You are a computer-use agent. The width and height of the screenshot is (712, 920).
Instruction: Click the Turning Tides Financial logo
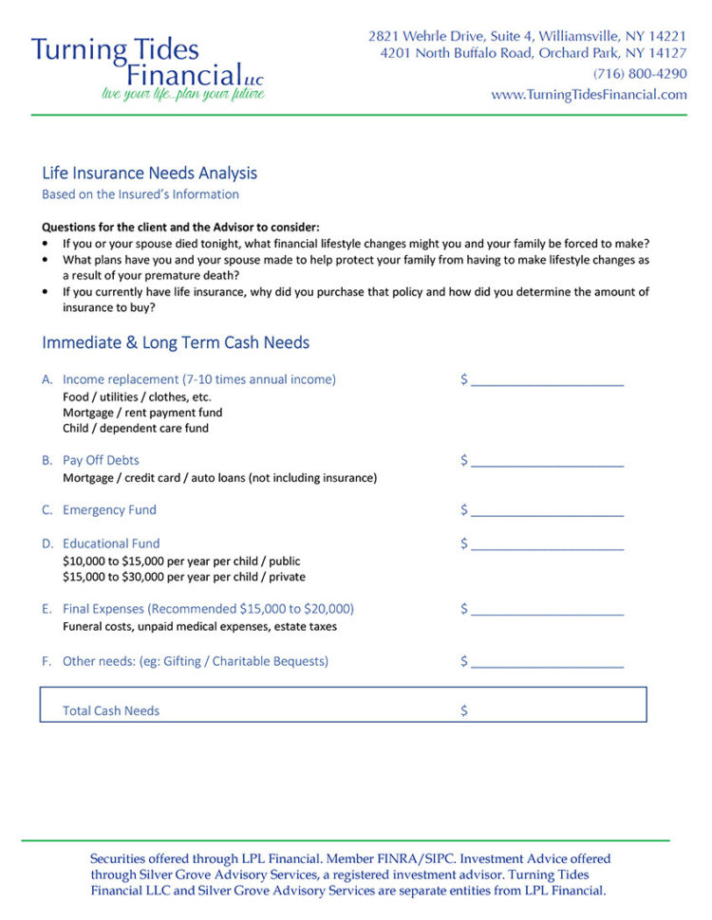[x=147, y=62]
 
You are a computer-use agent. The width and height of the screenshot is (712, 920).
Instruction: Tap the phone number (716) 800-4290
[x=640, y=74]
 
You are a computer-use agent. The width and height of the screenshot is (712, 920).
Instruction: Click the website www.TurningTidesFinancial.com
[x=589, y=94]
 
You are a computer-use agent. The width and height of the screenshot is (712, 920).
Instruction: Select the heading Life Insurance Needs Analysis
[x=149, y=174]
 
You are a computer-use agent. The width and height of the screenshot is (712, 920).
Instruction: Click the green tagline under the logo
[x=182, y=94]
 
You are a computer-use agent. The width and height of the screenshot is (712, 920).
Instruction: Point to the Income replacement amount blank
[x=547, y=381]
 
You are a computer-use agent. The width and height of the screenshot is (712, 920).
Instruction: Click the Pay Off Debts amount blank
[x=547, y=462]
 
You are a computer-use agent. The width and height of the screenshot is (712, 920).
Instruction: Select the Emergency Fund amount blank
[x=547, y=511]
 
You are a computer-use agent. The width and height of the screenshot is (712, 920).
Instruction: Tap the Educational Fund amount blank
[x=547, y=545]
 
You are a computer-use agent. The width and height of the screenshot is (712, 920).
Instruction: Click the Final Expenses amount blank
[x=547, y=611]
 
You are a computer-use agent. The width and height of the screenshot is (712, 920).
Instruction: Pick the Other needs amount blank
[x=547, y=663]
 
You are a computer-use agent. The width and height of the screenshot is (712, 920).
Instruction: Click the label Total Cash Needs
[x=111, y=710]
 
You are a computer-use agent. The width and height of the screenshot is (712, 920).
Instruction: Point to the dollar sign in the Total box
[x=464, y=710]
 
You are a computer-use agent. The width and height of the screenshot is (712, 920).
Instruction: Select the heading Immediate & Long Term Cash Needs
[x=176, y=343]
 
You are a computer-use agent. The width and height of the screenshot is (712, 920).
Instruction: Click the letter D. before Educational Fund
[x=47, y=543]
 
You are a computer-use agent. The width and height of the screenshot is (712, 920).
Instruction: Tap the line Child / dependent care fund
[x=136, y=429]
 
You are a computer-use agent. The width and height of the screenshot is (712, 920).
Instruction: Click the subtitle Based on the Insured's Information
[x=141, y=194]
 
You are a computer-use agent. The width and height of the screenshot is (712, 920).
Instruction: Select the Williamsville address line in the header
[x=527, y=36]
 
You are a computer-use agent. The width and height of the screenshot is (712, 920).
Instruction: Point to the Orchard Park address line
[x=533, y=54]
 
